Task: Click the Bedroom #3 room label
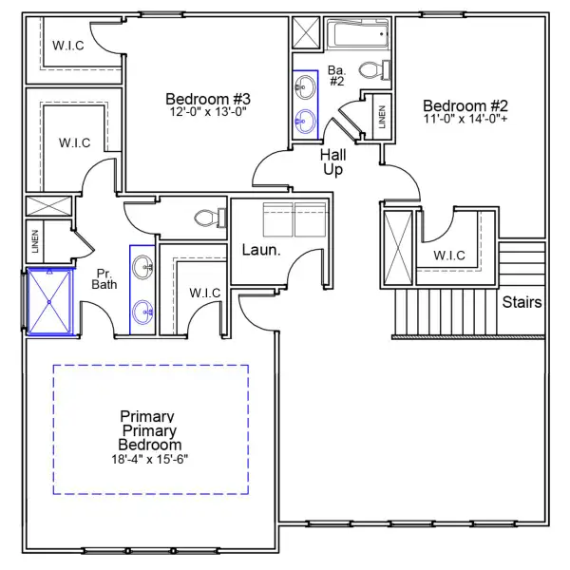tap(207, 99)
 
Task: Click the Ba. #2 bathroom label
tap(336, 75)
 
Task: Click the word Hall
tap(332, 155)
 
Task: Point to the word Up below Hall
tap(332, 170)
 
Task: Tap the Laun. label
tap(260, 251)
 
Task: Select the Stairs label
tap(522, 303)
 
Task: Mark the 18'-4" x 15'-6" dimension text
tap(150, 459)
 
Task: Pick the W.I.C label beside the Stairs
tap(448, 256)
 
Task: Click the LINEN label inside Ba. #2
tap(382, 117)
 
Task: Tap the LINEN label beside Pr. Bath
tap(35, 242)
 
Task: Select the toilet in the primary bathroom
tap(206, 218)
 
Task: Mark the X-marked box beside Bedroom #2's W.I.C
tap(397, 245)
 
